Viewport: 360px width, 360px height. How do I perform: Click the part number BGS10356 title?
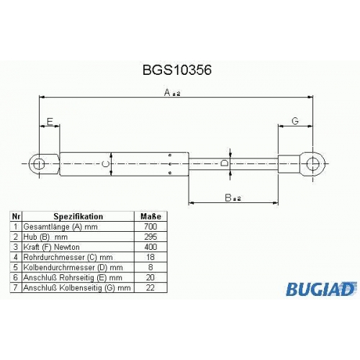point(177,70)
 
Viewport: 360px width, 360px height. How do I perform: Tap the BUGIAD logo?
point(321,289)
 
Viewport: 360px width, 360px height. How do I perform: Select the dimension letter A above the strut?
point(167,92)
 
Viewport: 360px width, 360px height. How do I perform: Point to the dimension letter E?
point(50,122)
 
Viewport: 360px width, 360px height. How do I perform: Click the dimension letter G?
point(295,121)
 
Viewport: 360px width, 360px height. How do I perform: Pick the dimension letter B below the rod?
point(228,198)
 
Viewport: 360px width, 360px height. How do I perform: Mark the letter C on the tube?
point(106,164)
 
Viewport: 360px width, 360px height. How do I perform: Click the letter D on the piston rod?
point(225,163)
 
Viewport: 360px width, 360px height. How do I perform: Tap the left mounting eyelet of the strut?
point(37,164)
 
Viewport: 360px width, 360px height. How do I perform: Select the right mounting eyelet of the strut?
point(312,163)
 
